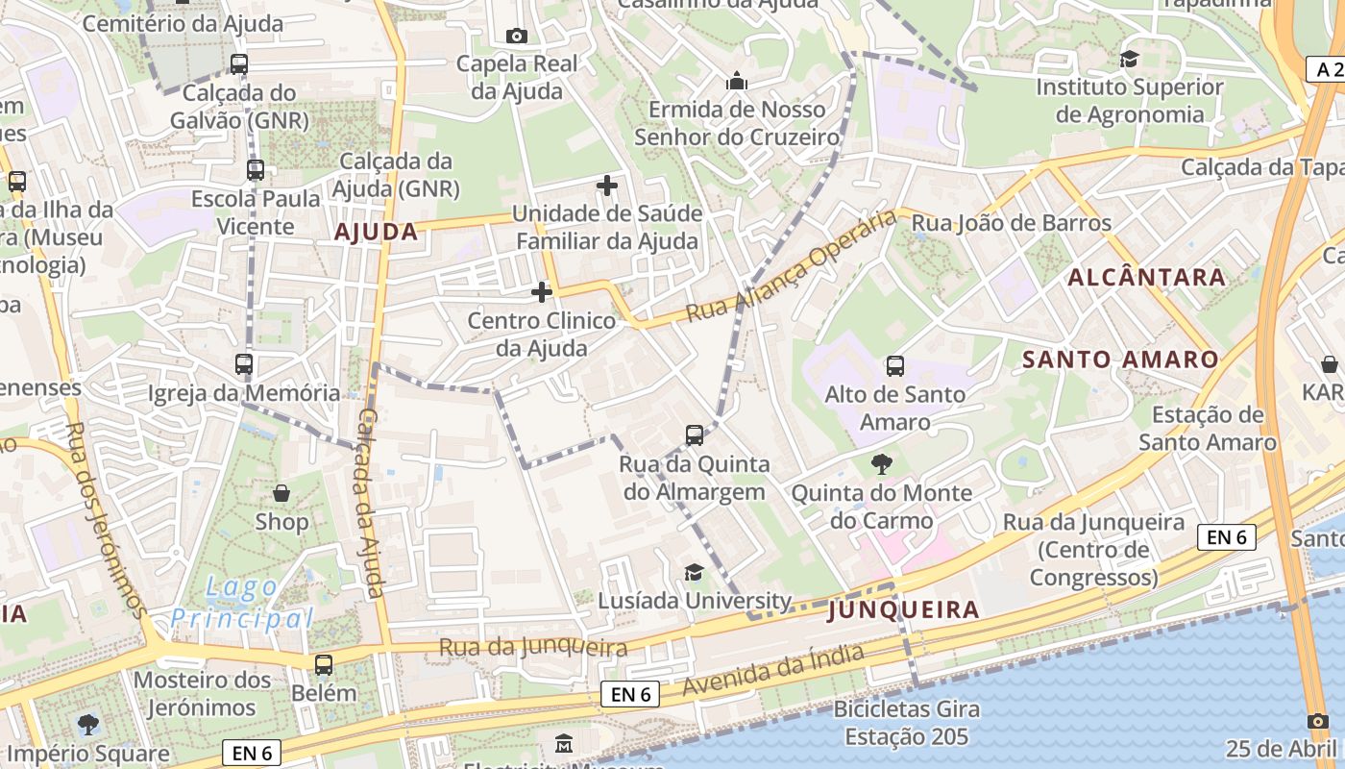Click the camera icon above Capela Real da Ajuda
[517, 36]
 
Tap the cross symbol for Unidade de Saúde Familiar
[607, 185]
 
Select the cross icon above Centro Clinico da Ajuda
[542, 291]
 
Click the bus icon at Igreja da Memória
[244, 364]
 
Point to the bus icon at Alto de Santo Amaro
[895, 365]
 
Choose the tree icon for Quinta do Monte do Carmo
[881, 465]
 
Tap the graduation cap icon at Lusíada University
[694, 573]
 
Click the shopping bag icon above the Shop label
[281, 493]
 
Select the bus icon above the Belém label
[324, 664]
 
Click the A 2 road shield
[1325, 68]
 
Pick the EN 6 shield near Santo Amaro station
[1227, 537]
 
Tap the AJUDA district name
[376, 232]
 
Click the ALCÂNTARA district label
[1147, 278]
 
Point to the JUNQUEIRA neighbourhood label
[903, 609]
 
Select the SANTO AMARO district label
[1120, 360]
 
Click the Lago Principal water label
[243, 602]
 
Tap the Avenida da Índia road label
[773, 670]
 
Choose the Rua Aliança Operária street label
[793, 268]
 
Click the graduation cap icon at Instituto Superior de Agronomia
[1129, 59]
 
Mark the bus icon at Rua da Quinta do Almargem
[695, 435]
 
